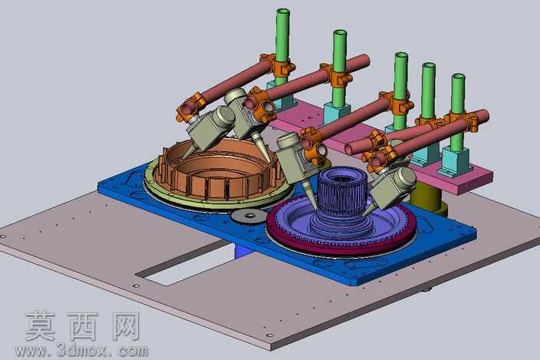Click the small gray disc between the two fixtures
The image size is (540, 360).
[x=249, y=216]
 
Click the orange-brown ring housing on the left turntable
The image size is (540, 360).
[x=220, y=172]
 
